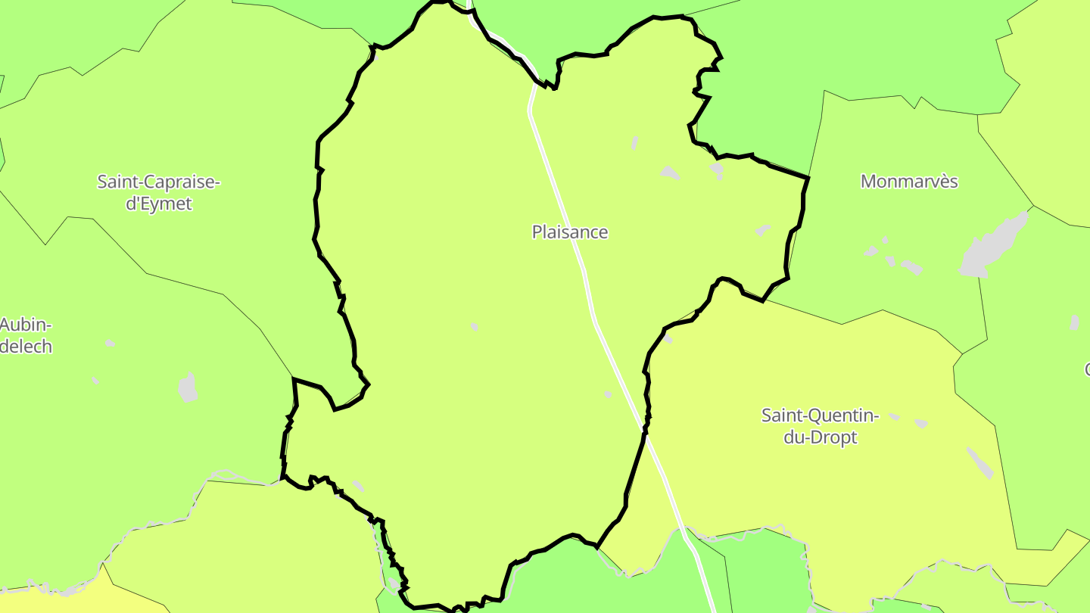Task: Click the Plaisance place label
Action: [569, 232]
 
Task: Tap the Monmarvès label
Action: [909, 182]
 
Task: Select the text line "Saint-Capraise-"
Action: [158, 182]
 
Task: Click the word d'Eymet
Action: [158, 204]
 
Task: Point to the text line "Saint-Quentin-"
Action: [820, 415]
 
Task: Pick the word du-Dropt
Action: [820, 437]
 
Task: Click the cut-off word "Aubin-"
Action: [26, 325]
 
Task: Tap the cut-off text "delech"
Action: [26, 347]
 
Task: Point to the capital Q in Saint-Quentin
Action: [814, 415]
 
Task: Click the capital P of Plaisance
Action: [537, 232]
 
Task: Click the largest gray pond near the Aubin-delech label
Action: [188, 387]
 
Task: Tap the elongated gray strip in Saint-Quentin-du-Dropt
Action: [980, 462]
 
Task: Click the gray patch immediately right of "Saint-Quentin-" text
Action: [895, 416]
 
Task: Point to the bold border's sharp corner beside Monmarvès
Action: [808, 178]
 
